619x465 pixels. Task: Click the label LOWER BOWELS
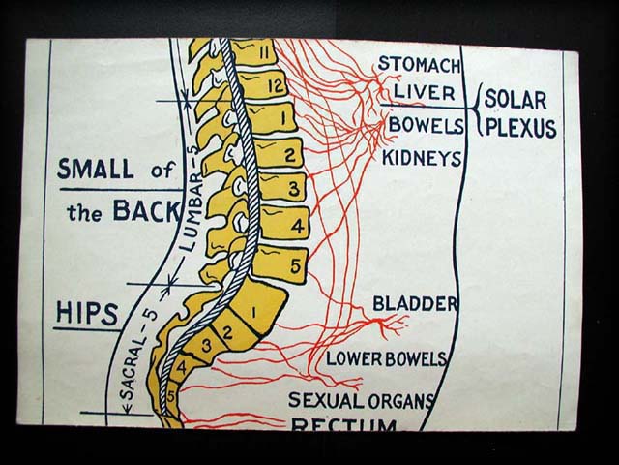tap(385, 358)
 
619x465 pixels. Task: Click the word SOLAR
tap(516, 99)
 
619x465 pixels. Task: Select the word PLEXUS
tap(520, 128)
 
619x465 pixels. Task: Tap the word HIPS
tap(86, 314)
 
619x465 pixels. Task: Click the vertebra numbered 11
tap(253, 51)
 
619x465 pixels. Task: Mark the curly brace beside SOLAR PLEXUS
tap(476, 112)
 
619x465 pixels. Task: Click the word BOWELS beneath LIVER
tap(419, 126)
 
